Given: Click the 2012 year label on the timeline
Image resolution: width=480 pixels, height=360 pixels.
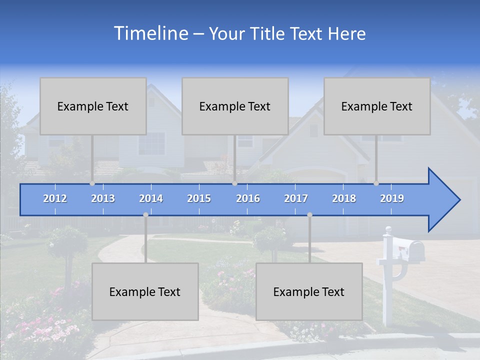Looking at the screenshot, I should pyautogui.click(x=55, y=198).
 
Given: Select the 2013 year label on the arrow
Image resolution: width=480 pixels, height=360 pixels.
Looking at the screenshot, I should pyautogui.click(x=103, y=198).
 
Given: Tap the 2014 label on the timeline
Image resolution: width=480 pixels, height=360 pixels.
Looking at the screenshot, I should pyautogui.click(x=151, y=198).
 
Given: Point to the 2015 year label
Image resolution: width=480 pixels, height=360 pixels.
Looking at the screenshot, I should pyautogui.click(x=199, y=198).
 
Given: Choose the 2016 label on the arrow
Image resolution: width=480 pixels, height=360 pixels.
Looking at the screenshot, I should pyautogui.click(x=248, y=198).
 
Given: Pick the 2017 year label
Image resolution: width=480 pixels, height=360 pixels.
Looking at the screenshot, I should pyautogui.click(x=296, y=198).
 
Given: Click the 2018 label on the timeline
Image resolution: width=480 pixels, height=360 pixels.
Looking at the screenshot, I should pyautogui.click(x=344, y=198).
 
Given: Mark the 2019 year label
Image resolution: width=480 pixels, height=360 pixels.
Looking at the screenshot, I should pyautogui.click(x=392, y=198).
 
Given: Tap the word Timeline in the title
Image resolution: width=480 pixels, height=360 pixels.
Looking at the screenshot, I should pyautogui.click(x=150, y=33).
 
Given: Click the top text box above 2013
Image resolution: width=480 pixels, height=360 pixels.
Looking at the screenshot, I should pyautogui.click(x=93, y=106).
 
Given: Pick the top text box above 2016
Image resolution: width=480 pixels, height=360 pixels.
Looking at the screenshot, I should pyautogui.click(x=235, y=106).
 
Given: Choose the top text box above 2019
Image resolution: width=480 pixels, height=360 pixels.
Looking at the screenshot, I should pyautogui.click(x=377, y=106).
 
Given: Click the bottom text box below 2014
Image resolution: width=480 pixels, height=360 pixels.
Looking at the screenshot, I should pyautogui.click(x=145, y=291).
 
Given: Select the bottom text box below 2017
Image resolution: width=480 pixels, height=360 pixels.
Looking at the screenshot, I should pyautogui.click(x=309, y=291).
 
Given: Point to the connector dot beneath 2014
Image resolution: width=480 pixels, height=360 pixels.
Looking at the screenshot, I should pyautogui.click(x=145, y=215).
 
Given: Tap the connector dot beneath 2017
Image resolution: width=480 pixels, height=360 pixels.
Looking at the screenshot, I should pyautogui.click(x=309, y=215).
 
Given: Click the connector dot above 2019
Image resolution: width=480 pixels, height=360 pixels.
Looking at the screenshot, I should pyautogui.click(x=376, y=183).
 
